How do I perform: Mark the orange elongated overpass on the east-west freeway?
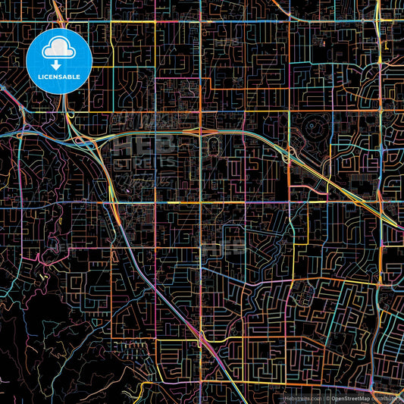coord(202,131)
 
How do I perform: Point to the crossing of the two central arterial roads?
coord(201,202)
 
